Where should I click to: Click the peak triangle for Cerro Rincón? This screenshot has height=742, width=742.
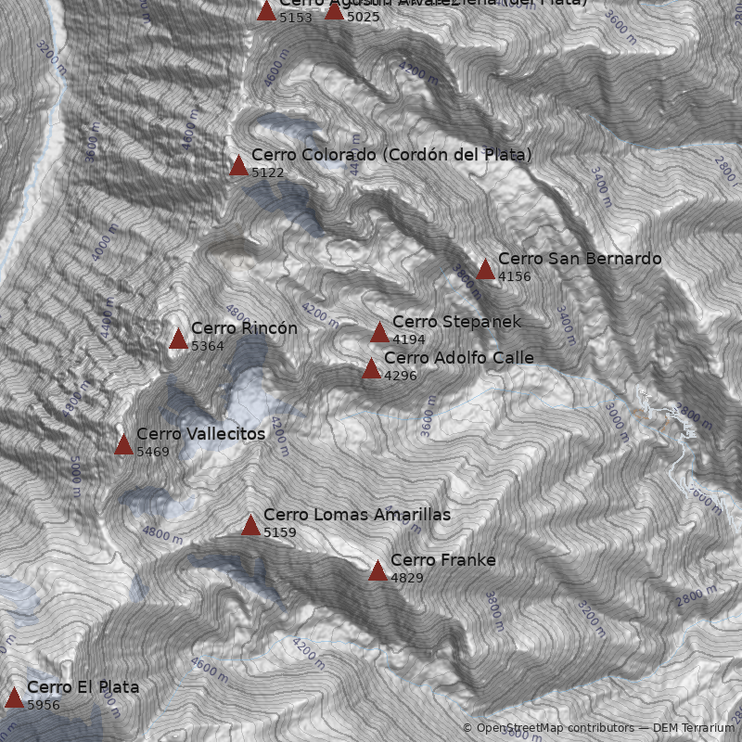tap(178, 339)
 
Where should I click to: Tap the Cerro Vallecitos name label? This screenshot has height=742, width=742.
tap(200, 434)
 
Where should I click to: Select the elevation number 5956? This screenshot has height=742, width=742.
tap(44, 706)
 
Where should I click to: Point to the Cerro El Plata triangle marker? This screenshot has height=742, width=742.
tap(14, 697)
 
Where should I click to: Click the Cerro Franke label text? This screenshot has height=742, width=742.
tap(442, 560)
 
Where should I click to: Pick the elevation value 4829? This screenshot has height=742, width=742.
tap(407, 578)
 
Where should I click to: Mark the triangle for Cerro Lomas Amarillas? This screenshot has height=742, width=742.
tap(250, 525)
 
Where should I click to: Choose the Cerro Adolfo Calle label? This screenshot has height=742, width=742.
tap(458, 358)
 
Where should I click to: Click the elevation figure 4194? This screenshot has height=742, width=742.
tap(409, 339)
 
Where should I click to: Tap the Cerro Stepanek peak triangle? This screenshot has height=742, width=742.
tap(379, 332)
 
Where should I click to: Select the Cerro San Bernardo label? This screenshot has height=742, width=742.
tap(580, 259)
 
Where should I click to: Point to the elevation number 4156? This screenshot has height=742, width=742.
tap(515, 276)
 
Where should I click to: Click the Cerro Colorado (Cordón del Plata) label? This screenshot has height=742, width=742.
tap(391, 155)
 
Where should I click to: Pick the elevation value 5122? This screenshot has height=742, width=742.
tap(268, 173)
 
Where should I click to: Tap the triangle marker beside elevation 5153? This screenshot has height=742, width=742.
tap(266, 10)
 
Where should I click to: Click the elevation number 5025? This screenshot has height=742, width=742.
tap(364, 17)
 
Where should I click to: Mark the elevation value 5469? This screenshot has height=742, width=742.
tap(153, 452)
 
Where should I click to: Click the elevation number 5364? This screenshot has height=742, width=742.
tap(208, 346)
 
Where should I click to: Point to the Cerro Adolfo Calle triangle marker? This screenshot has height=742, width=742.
tap(371, 368)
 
